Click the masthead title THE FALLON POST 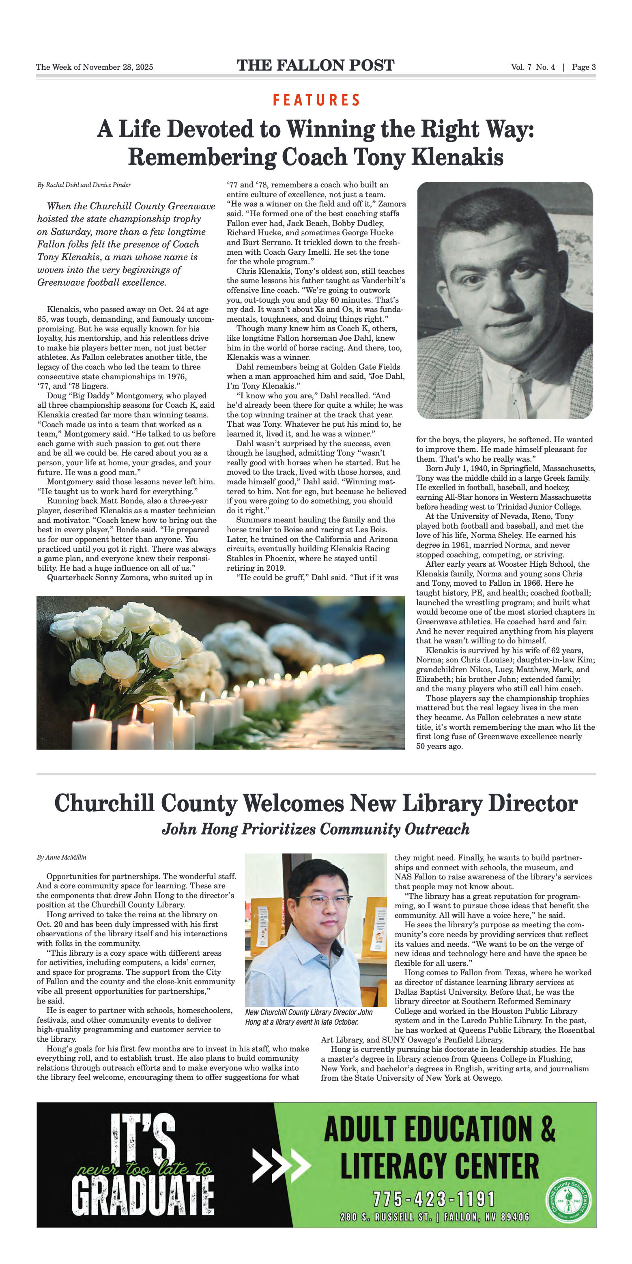coord(316,65)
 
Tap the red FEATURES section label coord(316,100)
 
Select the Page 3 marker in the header coord(583,67)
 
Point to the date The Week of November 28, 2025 coord(94,67)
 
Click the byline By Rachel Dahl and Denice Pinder coord(84,185)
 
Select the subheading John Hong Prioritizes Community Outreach coord(316,829)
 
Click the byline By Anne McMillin coord(61,857)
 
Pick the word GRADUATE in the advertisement coord(143,1195)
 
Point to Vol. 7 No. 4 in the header coord(533,67)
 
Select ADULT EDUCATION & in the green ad coord(439,1129)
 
